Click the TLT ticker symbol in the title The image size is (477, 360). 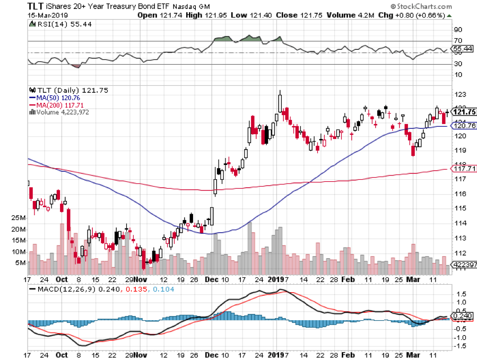click(16, 6)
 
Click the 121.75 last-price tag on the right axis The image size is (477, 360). click(464, 112)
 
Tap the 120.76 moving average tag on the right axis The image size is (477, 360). click(463, 126)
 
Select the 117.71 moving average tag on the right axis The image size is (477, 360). click(463, 169)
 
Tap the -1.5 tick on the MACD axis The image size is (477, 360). click(460, 346)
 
